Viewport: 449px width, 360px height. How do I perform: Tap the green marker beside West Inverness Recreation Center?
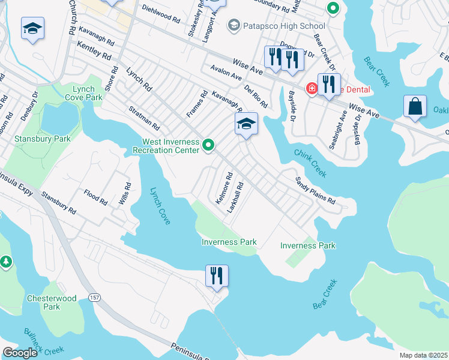tap(209, 145)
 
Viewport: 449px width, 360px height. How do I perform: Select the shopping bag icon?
tap(415, 107)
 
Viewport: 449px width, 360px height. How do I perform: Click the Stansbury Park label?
tap(42, 139)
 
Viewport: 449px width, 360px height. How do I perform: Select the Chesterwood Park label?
tap(52, 302)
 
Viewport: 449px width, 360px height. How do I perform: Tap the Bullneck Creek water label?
tap(43, 340)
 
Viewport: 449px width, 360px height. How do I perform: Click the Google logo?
tap(20, 353)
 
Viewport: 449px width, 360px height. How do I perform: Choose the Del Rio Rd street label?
tap(256, 97)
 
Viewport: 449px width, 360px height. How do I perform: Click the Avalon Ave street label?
tap(226, 74)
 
